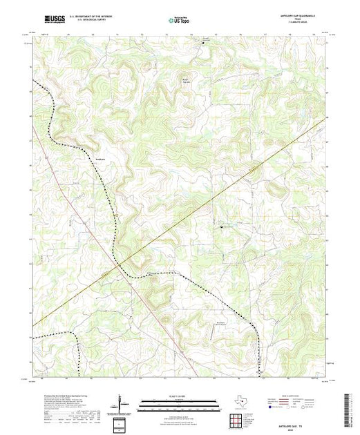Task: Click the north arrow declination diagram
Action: coord(121,403)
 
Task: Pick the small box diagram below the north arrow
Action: coord(122,421)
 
